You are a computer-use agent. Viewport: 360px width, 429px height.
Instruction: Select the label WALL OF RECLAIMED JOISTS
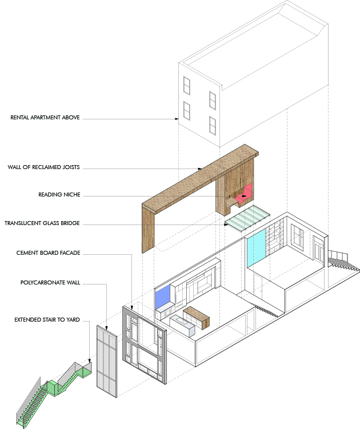point(43,167)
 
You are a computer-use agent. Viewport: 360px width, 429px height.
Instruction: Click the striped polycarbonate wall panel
point(107,359)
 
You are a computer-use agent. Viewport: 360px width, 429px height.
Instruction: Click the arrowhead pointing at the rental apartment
point(178,119)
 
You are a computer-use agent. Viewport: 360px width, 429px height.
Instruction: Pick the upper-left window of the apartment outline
point(186,85)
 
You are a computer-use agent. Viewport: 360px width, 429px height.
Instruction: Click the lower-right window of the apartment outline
point(213,124)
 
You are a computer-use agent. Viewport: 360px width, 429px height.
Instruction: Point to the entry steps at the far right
point(342,260)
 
